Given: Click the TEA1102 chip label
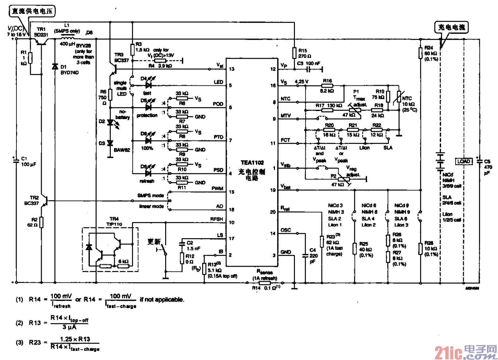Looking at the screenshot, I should [252, 163].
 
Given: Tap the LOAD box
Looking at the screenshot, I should [464, 161].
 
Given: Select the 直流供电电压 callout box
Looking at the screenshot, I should [32, 11].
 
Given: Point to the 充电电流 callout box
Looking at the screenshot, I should [451, 27].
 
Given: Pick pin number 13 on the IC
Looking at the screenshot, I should [232, 69].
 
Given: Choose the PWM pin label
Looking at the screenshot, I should [217, 189].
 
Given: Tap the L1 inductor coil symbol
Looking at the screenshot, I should [67, 39].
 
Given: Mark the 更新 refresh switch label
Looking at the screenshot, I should [154, 242].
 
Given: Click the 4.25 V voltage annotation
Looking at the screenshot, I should [302, 82].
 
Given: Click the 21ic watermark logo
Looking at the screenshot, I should [465, 352].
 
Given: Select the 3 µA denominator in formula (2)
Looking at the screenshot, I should [69, 327].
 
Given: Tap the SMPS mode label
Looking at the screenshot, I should [150, 196].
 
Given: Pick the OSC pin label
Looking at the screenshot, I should [285, 230].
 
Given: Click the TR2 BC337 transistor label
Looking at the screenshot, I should [32, 201].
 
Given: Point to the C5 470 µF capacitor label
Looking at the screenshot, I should [488, 167].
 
